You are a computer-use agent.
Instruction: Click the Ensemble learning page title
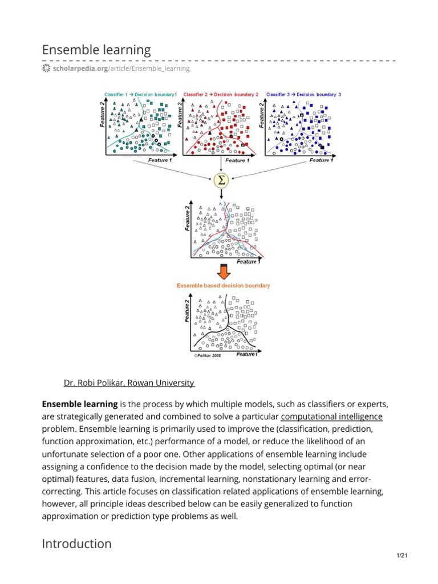(x=96, y=50)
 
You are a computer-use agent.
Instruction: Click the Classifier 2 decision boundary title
(x=221, y=94)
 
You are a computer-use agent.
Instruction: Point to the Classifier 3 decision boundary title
(x=303, y=94)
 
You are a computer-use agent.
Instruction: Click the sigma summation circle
(x=221, y=181)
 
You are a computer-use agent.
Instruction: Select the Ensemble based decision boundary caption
(x=224, y=285)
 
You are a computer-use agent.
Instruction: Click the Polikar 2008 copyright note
(x=207, y=355)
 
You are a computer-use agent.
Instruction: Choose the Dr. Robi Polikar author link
(x=129, y=383)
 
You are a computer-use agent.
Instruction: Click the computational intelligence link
(x=331, y=416)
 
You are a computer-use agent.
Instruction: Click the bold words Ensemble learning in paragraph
(x=80, y=404)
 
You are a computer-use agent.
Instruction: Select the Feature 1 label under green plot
(x=159, y=160)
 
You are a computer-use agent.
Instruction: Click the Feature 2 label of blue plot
(x=263, y=115)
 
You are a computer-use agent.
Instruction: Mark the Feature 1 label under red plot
(x=238, y=160)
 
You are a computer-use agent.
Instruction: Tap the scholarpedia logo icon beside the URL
(x=46, y=68)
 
